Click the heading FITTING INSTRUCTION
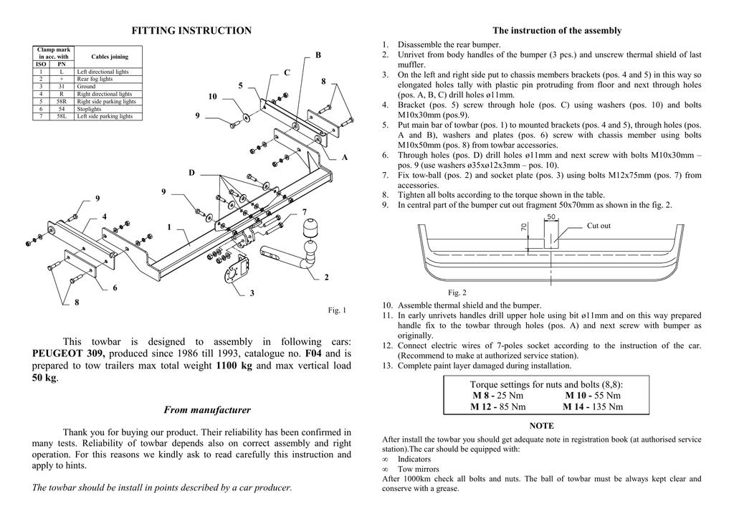191,30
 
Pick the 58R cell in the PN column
62,102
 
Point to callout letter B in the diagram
318,55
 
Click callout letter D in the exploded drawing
191,173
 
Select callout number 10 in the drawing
212,97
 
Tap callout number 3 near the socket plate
252,293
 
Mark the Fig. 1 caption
337,310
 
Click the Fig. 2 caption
457,292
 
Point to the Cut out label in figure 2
599,226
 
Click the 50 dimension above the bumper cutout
550,216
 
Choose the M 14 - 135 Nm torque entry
593,406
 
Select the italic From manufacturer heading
207,410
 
